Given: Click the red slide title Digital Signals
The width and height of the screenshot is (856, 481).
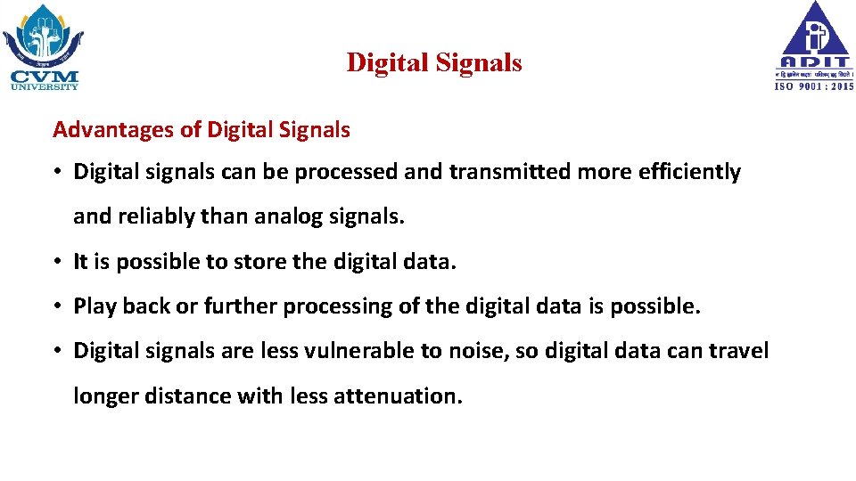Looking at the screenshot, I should (434, 63).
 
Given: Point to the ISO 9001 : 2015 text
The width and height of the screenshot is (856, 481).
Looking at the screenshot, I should (813, 86).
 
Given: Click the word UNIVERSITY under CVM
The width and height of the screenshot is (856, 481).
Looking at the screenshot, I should (45, 86).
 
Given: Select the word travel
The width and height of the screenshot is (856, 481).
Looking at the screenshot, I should (737, 351).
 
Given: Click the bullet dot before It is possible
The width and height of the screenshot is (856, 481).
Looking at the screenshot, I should (55, 263).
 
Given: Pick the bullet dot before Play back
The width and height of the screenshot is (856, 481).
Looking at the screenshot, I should (55, 307).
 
